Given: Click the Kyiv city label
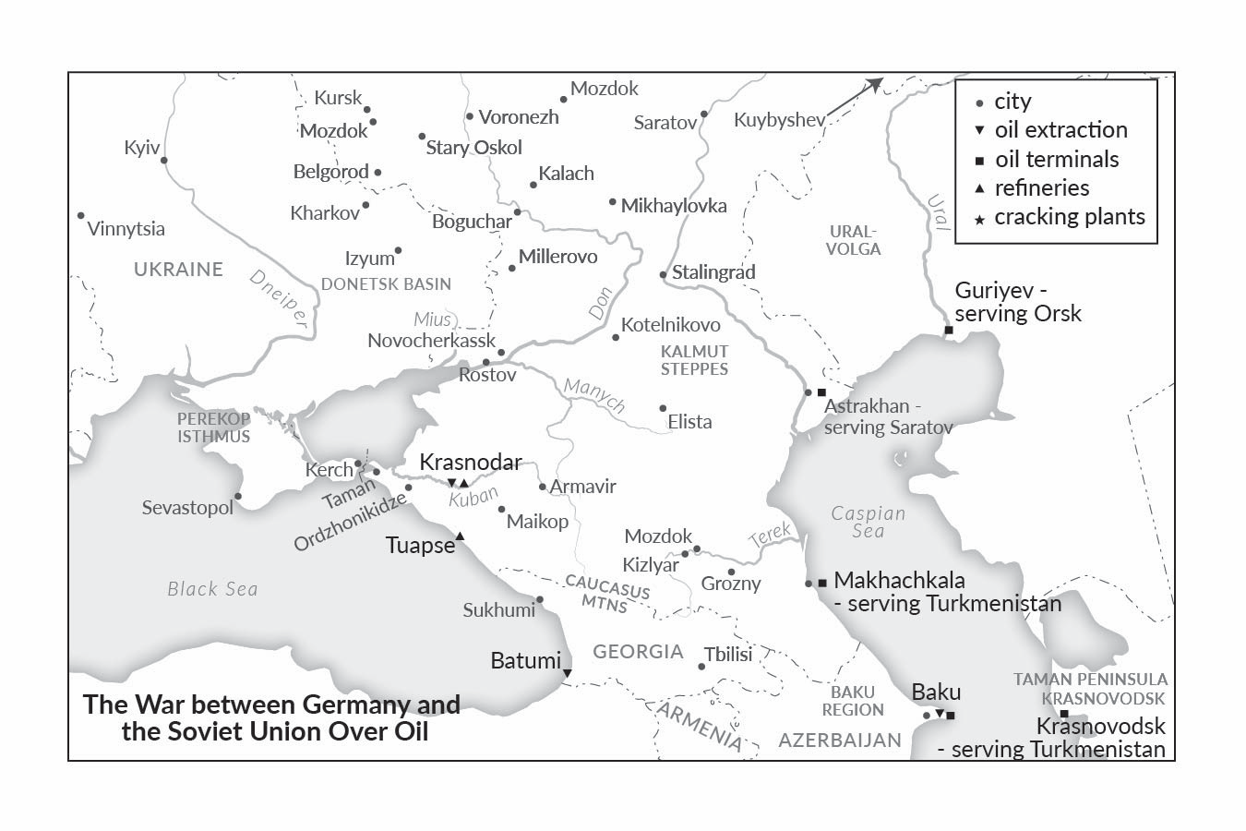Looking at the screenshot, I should (x=142, y=148).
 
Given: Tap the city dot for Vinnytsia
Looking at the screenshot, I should (x=81, y=216).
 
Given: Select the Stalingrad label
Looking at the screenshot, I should (x=713, y=272).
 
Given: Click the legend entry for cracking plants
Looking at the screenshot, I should (x=1069, y=217).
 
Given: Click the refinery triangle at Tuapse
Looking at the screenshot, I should (x=460, y=537).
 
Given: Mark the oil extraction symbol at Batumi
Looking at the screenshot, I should (x=567, y=673).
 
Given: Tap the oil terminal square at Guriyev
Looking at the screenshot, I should (x=948, y=331).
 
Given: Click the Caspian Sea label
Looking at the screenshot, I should (x=868, y=522).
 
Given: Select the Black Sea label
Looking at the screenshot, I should (x=212, y=589).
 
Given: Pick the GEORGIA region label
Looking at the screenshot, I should (x=638, y=652).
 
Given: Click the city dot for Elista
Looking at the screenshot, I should (x=663, y=408).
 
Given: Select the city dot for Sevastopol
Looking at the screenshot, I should (x=238, y=497).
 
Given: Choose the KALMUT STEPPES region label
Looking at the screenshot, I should (x=694, y=360).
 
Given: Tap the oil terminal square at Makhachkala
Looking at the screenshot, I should (x=822, y=583).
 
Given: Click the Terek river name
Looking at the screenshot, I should (x=770, y=536).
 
